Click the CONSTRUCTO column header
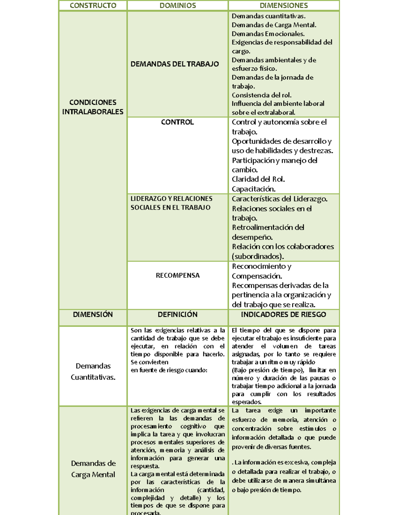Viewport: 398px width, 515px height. (x=93, y=5)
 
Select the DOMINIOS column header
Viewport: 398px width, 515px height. (x=177, y=5)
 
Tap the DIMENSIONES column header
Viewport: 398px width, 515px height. (x=284, y=5)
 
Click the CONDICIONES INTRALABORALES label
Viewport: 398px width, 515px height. (x=93, y=107)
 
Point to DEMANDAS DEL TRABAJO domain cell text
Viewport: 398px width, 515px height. (x=174, y=64)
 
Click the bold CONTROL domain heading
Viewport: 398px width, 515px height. (x=177, y=122)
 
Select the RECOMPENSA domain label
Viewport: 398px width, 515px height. (x=177, y=275)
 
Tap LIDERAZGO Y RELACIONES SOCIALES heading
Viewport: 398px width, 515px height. (x=171, y=203)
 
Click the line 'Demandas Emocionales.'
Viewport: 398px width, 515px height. (x=268, y=34)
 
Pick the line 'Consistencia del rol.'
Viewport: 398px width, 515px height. (x=261, y=95)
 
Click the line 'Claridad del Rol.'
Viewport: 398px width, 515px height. (x=258, y=179)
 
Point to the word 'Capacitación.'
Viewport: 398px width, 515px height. (x=253, y=189)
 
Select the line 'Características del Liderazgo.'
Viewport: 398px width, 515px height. (x=279, y=199)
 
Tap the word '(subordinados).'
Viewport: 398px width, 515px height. (x=258, y=256)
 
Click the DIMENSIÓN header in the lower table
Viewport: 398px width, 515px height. (x=93, y=314)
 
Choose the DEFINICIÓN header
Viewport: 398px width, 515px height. (x=177, y=314)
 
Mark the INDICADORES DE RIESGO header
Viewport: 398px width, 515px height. (x=284, y=314)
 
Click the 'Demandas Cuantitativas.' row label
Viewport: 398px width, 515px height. (x=93, y=371)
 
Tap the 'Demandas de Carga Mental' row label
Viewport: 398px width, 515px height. (x=93, y=469)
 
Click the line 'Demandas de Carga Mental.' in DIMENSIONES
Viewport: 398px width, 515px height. (x=274, y=25)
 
